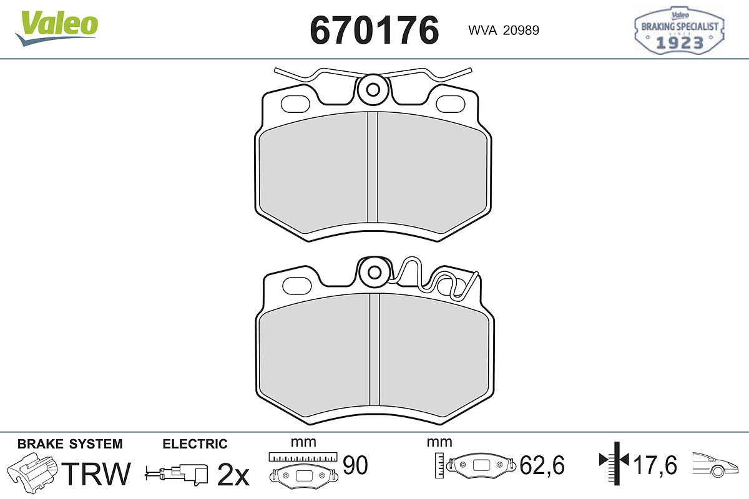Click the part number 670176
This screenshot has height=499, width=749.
374,31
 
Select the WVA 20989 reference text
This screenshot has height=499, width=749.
504,31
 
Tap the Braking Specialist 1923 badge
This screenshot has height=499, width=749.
679,31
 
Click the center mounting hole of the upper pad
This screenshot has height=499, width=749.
373,90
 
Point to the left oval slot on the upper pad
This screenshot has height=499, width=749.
296,104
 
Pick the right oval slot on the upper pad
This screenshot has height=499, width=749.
451,104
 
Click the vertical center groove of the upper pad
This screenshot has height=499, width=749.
373,167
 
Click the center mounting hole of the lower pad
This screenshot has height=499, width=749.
374,273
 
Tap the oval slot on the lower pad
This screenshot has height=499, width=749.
297,286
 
